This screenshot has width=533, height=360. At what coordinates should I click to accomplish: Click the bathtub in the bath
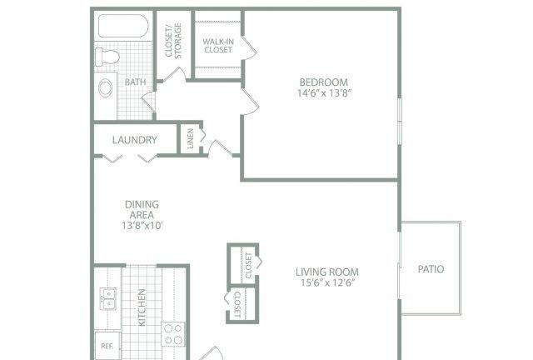[x=123, y=26]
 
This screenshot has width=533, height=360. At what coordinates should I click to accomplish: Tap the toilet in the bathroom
[x=107, y=57]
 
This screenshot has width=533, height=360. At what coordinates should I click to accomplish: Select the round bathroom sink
[x=106, y=87]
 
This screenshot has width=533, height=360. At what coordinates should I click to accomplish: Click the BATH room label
[x=135, y=82]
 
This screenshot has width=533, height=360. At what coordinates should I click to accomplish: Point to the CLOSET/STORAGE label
[x=173, y=41]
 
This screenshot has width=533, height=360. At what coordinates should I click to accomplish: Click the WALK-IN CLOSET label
[x=218, y=46]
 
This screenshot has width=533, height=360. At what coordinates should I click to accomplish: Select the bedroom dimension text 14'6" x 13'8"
[x=324, y=92]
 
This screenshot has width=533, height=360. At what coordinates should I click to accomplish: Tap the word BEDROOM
[x=324, y=82]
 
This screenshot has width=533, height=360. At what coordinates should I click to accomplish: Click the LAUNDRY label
[x=135, y=140]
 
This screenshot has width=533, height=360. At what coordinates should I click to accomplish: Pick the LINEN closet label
[x=191, y=138]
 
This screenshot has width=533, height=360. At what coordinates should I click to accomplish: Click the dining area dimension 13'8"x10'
[x=142, y=225]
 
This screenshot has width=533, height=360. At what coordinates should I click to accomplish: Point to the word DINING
[x=142, y=204]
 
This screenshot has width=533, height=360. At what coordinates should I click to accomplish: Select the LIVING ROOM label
[x=327, y=272]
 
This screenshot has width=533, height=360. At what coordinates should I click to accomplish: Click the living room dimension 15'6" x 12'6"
[x=327, y=282]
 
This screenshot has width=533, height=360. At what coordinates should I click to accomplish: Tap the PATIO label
[x=431, y=269]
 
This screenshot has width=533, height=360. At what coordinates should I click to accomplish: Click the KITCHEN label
[x=142, y=307]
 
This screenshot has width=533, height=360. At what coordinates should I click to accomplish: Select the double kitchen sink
[x=107, y=299]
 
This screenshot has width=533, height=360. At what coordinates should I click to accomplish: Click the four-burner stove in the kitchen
[x=173, y=334]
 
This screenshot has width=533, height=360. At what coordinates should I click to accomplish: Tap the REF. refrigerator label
[x=107, y=347]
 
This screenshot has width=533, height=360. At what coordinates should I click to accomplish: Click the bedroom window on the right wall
[x=400, y=122]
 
